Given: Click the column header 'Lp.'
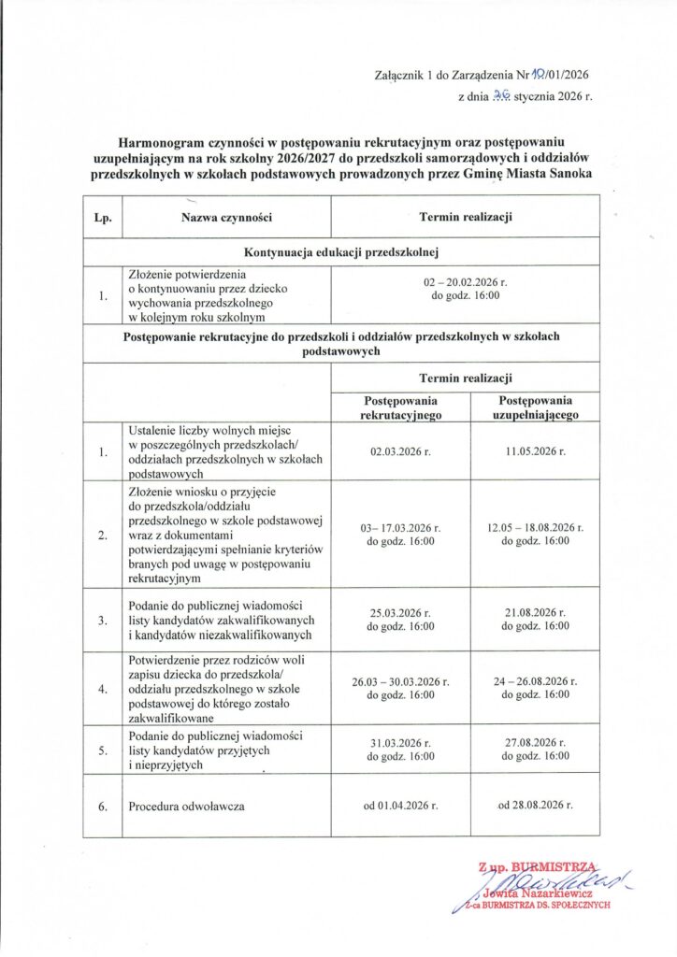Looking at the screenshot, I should pyautogui.click(x=103, y=218).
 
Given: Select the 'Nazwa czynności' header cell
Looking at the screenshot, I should pyautogui.click(x=226, y=218).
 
